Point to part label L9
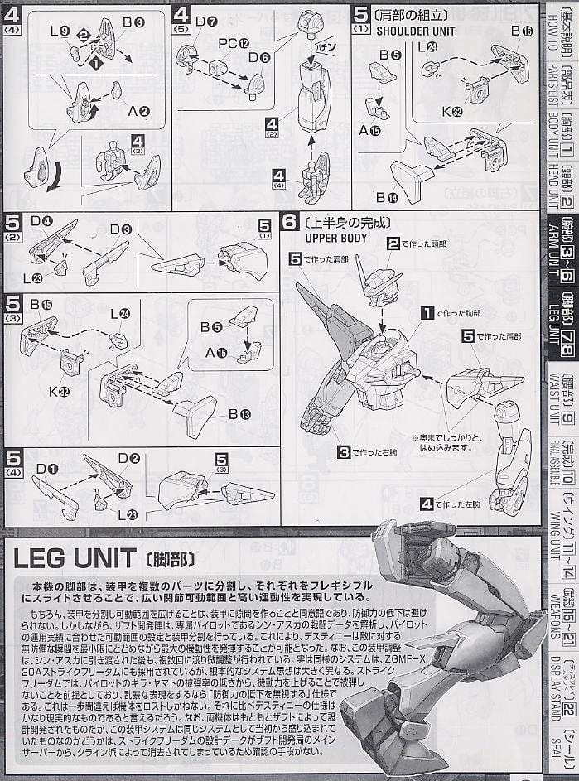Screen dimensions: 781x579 coord(59,30)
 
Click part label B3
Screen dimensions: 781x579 coord(133,22)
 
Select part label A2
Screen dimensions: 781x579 coord(138,111)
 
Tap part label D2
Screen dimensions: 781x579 coord(128,458)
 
